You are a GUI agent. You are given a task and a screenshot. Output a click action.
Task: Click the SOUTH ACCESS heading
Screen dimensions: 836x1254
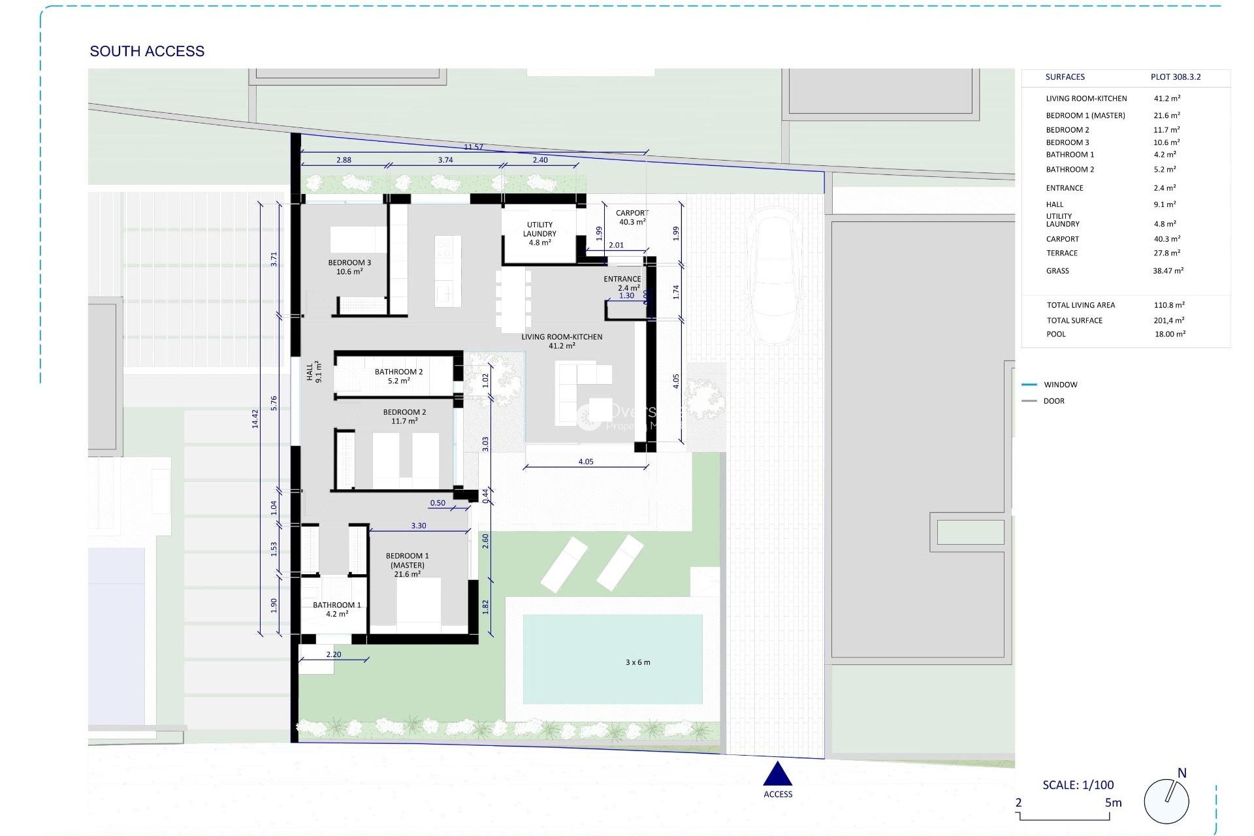point(147,51)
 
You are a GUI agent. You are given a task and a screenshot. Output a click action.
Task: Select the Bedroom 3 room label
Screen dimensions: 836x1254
point(349,267)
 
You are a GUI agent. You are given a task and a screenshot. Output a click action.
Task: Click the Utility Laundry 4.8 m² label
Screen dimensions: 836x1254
point(539,234)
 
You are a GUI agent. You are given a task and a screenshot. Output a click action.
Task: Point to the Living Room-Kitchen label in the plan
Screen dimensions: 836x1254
point(562,341)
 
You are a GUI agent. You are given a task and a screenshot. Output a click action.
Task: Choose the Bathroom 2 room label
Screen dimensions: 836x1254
point(398,376)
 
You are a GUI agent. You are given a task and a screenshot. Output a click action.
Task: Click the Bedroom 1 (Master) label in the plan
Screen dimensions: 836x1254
point(407,565)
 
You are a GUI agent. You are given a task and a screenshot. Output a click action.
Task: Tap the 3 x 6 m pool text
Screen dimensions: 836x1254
point(637,662)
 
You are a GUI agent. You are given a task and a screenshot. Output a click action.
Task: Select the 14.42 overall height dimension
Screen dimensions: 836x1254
point(255,419)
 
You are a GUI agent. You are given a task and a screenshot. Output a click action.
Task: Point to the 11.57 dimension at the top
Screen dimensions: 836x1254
point(474,147)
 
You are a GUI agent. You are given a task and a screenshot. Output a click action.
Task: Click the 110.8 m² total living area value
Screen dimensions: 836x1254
point(1169,305)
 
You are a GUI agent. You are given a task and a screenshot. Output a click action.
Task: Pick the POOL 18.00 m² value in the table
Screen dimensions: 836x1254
point(1170,334)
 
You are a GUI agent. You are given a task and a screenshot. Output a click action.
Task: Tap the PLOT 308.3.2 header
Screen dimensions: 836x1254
point(1176,77)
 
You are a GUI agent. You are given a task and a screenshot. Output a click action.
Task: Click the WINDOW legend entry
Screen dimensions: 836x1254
point(1060,385)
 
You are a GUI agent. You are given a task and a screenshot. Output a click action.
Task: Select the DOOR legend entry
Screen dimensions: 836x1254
point(1053,401)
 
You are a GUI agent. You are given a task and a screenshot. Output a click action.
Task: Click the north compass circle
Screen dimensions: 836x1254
point(1166,801)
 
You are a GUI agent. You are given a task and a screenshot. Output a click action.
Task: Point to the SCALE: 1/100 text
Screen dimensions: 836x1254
point(1078,785)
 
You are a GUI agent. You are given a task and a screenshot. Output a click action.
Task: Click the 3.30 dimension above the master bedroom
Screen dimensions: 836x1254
point(419,526)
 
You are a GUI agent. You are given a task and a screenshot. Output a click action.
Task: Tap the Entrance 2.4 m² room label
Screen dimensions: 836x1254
point(622,283)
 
